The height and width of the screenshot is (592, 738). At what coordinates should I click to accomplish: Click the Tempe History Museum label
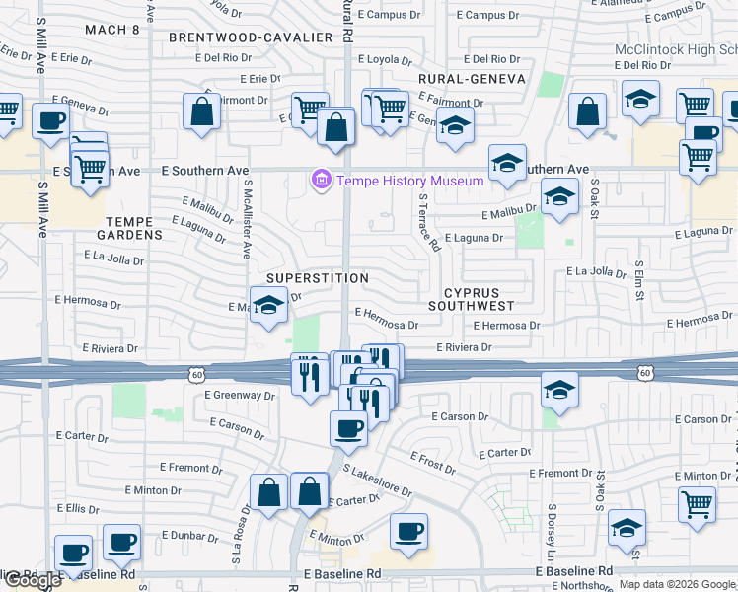click(x=410, y=181)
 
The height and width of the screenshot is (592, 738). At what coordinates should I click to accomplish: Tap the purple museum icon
click(x=321, y=181)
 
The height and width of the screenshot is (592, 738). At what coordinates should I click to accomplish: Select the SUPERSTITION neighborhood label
click(x=316, y=278)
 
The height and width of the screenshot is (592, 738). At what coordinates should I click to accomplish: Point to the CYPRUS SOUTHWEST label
click(x=473, y=299)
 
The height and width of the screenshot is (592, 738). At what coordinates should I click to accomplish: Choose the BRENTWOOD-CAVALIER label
click(x=251, y=37)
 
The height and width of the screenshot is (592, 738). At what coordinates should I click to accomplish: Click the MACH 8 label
click(x=112, y=30)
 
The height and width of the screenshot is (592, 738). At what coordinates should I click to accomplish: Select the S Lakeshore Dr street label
click(x=377, y=481)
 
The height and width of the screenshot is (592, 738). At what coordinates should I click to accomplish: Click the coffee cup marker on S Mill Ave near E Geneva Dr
click(x=51, y=121)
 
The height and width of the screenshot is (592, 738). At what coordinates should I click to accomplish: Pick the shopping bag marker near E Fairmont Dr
click(x=202, y=111)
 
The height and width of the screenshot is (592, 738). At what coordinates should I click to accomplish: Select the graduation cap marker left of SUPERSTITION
click(x=268, y=305)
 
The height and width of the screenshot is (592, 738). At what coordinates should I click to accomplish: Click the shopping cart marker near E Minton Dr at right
click(x=697, y=504)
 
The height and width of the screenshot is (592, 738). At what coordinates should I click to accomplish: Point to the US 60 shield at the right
click(x=646, y=373)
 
